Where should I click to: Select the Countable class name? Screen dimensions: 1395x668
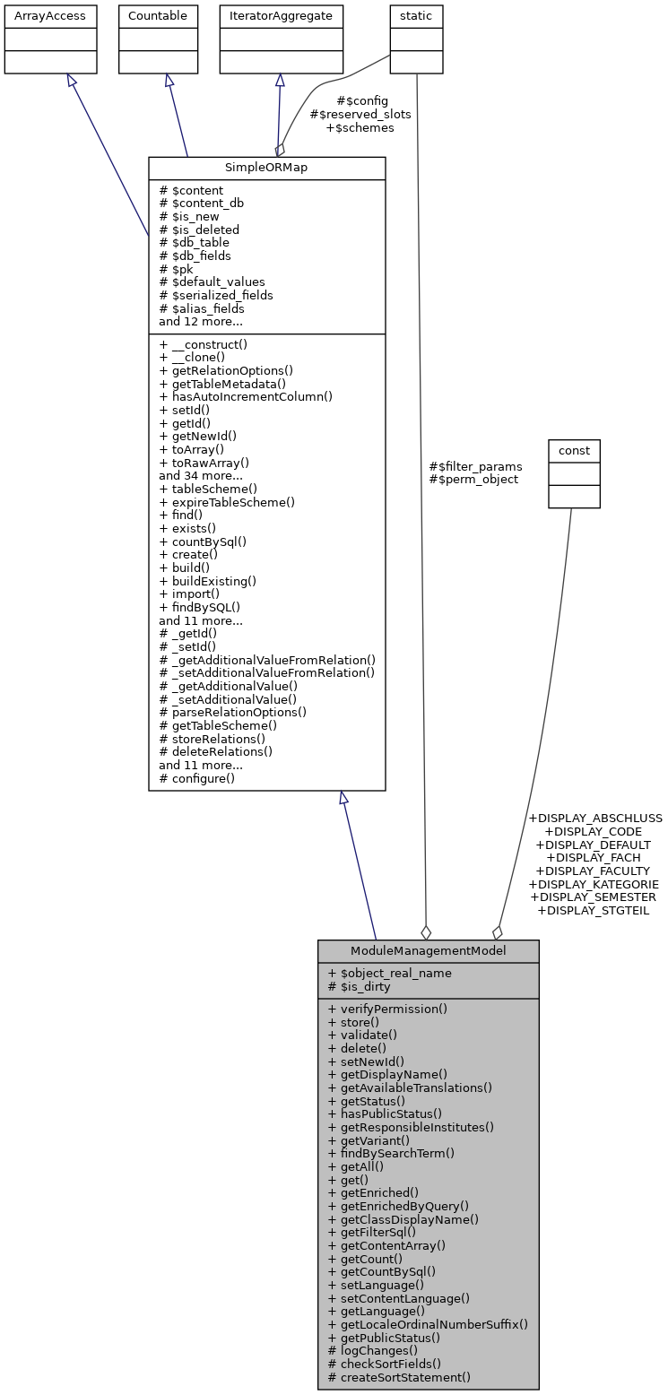click(158, 16)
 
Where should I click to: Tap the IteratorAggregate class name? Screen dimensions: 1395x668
click(279, 16)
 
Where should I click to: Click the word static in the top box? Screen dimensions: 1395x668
click(416, 16)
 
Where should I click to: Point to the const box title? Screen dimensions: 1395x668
click(574, 449)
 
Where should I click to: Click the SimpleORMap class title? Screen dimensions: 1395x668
click(266, 168)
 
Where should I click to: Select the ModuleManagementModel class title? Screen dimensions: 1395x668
click(428, 950)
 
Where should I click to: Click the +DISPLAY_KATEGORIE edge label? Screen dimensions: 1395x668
click(594, 884)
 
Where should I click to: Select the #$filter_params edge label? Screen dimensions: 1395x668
click(475, 466)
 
